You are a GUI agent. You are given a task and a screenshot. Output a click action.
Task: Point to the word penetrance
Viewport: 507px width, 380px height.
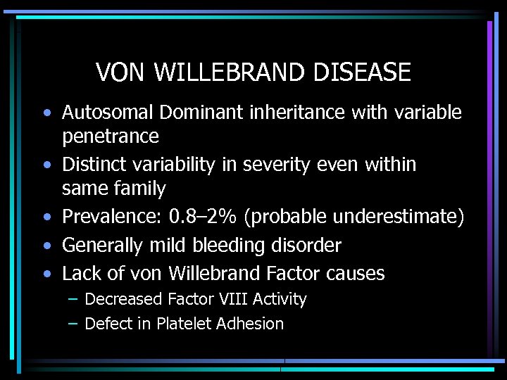click(110, 136)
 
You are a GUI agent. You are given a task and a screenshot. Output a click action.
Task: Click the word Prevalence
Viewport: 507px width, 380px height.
click(110, 217)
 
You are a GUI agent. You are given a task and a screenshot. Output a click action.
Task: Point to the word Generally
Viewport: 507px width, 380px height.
click(103, 246)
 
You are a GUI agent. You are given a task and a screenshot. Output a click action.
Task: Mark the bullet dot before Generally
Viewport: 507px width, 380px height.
click(46, 246)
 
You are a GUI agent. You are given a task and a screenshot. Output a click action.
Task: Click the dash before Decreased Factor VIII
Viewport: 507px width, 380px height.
click(73, 299)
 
